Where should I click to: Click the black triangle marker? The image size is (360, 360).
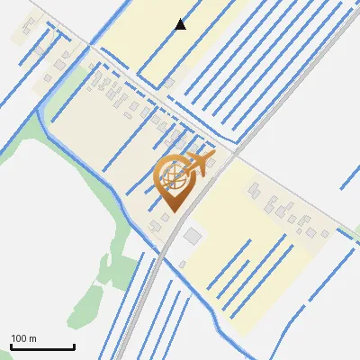pyautogui.click(x=181, y=24)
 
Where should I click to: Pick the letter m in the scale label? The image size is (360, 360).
pyautogui.click(x=33, y=338)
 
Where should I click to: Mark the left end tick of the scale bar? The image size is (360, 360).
pyautogui.click(x=11, y=346)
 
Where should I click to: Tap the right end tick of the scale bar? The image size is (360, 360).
pyautogui.click(x=74, y=346)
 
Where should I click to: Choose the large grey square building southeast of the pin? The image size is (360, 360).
pyautogui.click(x=193, y=236)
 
